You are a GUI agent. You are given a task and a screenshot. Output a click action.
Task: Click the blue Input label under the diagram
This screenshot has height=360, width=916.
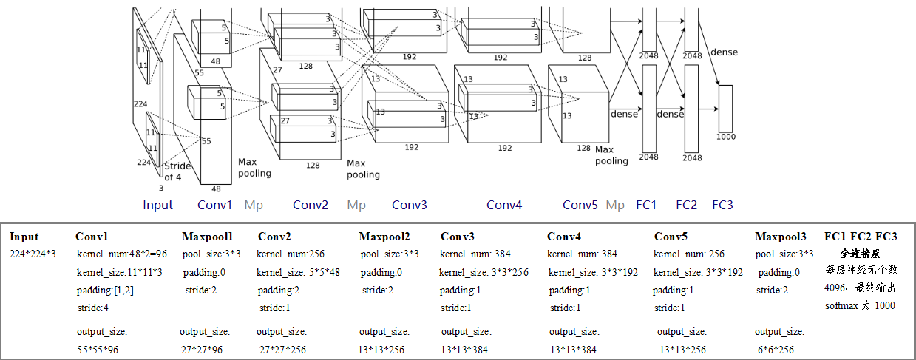pos(157,205)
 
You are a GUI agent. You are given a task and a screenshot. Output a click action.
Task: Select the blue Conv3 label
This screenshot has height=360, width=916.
pos(409,205)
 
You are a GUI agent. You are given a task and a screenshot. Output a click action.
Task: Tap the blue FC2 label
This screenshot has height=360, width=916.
pos(686,205)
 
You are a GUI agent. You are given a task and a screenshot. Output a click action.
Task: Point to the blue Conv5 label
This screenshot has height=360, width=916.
pos(580,205)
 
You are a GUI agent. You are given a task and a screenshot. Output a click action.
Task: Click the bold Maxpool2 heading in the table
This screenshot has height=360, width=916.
pos(384,237)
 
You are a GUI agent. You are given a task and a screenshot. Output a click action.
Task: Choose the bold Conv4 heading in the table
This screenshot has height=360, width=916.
pos(564,237)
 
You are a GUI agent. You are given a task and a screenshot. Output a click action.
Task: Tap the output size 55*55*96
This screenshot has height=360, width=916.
pos(98,349)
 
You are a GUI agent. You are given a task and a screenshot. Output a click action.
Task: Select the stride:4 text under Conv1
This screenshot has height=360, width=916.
pos(92,308)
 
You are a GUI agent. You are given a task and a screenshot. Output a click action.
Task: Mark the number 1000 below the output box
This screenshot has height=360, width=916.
pos(726,137)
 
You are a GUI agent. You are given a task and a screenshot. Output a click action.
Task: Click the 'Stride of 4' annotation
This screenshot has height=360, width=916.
pos(177,171)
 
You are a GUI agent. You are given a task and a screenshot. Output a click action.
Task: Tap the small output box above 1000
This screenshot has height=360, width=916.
pos(725,108)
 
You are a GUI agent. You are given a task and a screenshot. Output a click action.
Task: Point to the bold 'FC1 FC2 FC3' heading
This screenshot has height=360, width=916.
pos(861,237)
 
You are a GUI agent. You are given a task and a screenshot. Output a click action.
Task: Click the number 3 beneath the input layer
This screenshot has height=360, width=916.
pos(161,189)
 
